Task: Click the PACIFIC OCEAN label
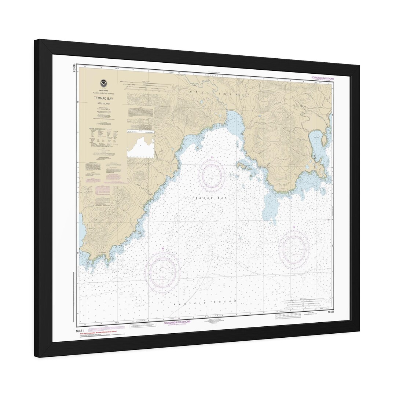click(x=206, y=303)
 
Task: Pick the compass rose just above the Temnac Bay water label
click(x=212, y=175)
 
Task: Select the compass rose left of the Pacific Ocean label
click(x=162, y=272)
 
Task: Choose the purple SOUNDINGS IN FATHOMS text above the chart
click(x=322, y=78)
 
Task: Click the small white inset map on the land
click(x=140, y=147)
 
